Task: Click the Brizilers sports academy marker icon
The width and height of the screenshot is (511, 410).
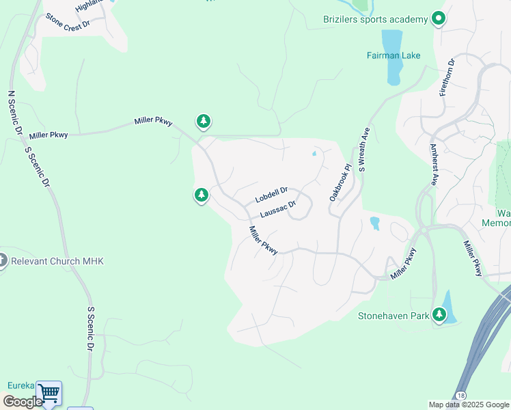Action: (439, 19)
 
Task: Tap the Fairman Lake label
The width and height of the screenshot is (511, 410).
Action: (393, 55)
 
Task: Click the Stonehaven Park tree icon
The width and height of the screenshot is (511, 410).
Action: (439, 315)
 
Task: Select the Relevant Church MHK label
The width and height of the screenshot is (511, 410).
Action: (57, 261)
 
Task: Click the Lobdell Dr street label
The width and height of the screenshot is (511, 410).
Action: (272, 195)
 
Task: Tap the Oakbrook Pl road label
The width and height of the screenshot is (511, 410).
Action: (340, 182)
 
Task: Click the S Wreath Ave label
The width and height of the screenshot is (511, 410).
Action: (364, 148)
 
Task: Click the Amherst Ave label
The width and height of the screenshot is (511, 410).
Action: (434, 165)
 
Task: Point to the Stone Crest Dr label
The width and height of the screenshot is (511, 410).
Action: (68, 25)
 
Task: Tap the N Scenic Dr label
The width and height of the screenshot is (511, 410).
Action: (15, 113)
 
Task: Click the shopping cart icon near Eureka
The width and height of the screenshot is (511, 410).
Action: (49, 394)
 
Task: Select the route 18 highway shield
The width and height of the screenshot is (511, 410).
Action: (462, 396)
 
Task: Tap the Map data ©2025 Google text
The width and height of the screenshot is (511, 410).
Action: (469, 405)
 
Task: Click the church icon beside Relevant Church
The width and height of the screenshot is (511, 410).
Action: (2, 260)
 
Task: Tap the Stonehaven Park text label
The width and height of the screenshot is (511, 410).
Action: (393, 316)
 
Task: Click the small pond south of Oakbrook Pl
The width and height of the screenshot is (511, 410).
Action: (374, 223)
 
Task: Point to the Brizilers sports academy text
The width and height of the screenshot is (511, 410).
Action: (375, 19)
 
